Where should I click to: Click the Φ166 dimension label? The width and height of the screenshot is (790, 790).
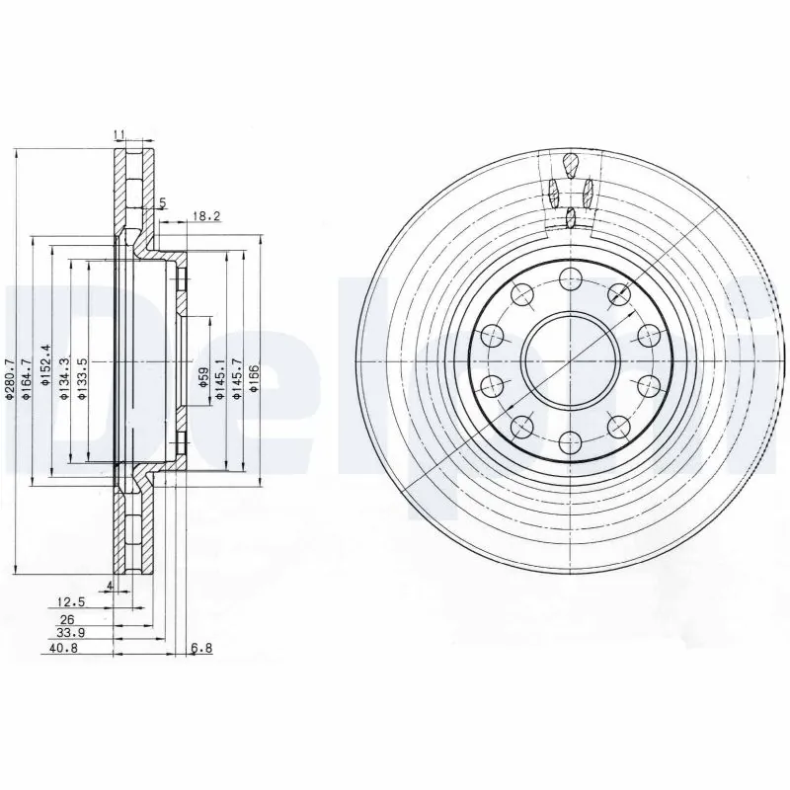point(255,380)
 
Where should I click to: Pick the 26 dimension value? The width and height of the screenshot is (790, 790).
point(68,618)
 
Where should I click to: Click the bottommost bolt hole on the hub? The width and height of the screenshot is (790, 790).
point(570,441)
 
